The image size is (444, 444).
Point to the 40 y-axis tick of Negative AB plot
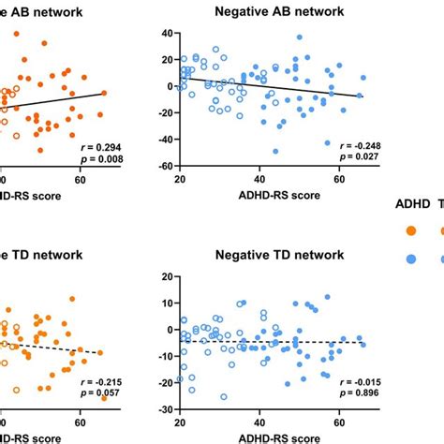[x=166, y=33]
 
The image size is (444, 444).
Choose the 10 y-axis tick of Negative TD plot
[x=166, y=303]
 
